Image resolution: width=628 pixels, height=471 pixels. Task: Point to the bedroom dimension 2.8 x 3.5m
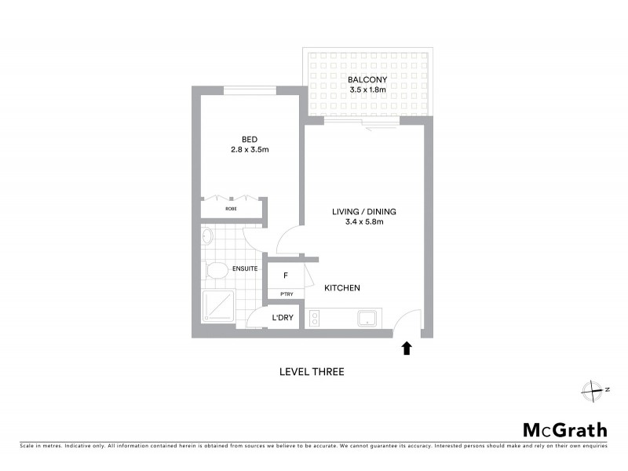click(x=250, y=149)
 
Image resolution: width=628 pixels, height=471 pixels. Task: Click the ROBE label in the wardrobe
click(x=232, y=210)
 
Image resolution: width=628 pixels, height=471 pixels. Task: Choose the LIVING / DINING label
click(x=364, y=211)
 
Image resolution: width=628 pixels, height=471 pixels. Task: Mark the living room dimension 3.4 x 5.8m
click(x=364, y=222)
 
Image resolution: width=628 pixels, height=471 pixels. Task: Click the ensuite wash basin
click(x=207, y=235)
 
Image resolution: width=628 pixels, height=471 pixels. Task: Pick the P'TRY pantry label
click(x=287, y=294)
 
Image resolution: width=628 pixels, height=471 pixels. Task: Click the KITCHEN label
click(x=342, y=288)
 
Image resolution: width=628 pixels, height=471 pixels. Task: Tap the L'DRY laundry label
click(x=283, y=318)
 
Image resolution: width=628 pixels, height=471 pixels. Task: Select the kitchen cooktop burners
click(x=315, y=319)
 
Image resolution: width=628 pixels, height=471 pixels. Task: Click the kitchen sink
click(x=367, y=319)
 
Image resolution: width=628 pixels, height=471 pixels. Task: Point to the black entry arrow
click(x=407, y=347)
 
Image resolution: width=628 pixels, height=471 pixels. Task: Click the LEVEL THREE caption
click(x=312, y=372)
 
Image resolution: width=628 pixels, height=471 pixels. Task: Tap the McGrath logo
click(x=565, y=429)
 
